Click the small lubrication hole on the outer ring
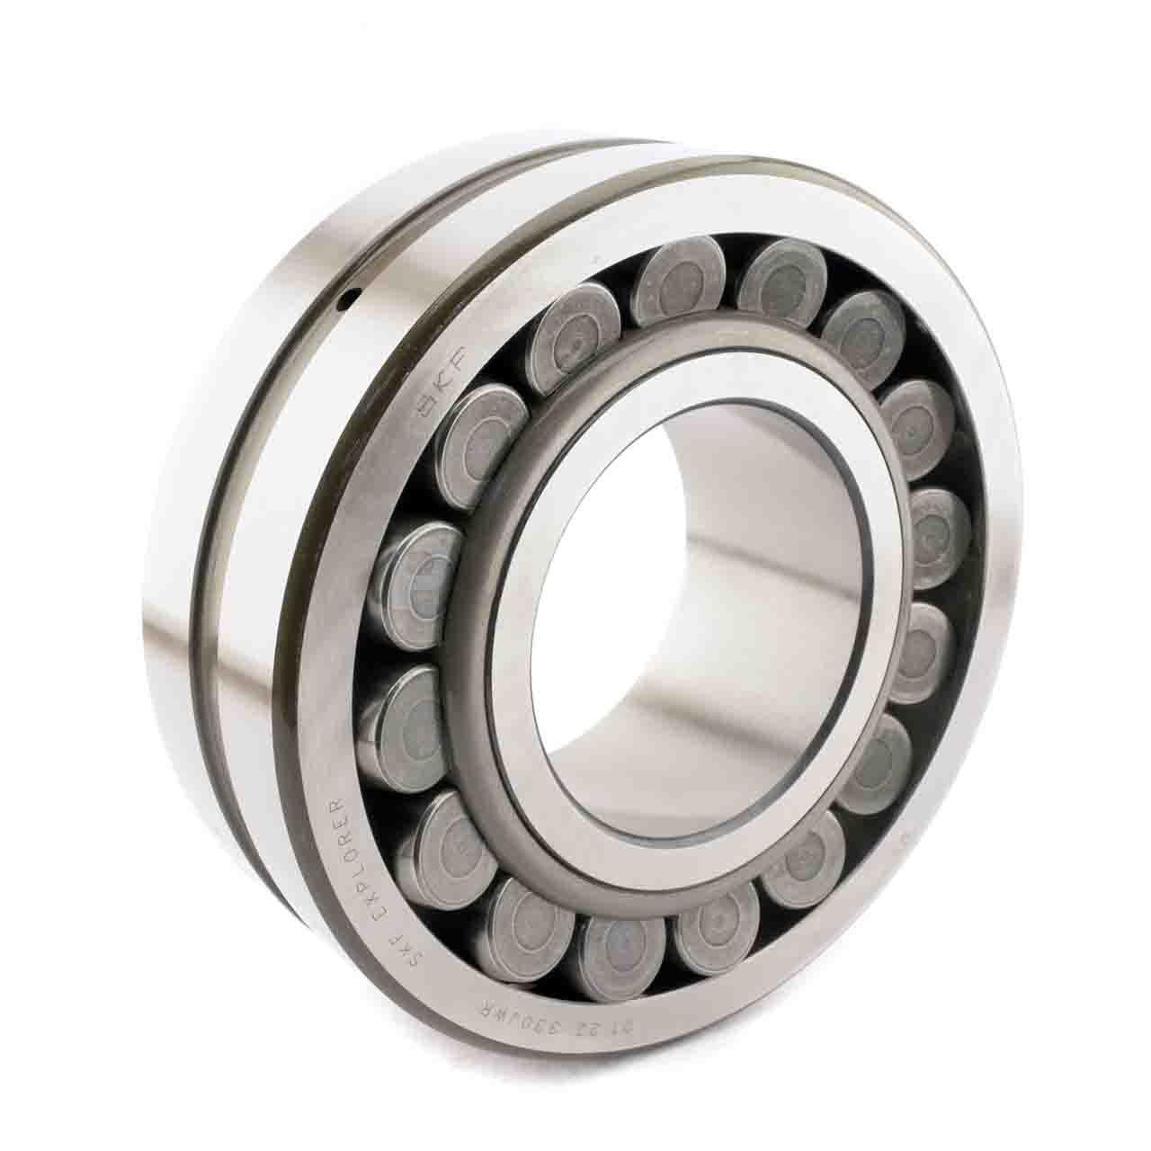352,301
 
